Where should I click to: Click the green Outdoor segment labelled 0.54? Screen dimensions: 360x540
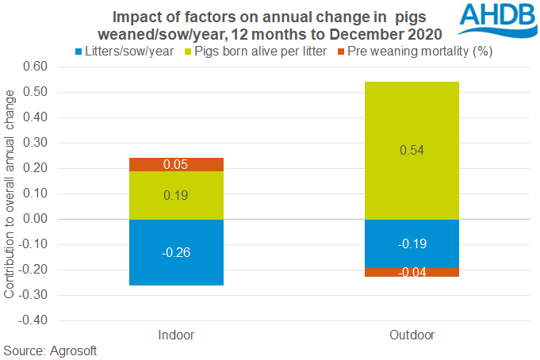412,150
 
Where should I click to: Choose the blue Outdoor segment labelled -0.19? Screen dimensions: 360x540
412,243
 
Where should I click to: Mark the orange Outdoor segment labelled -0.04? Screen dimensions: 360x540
412,273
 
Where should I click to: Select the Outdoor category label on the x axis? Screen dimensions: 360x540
412,334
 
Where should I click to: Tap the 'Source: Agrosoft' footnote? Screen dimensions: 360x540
49,350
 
